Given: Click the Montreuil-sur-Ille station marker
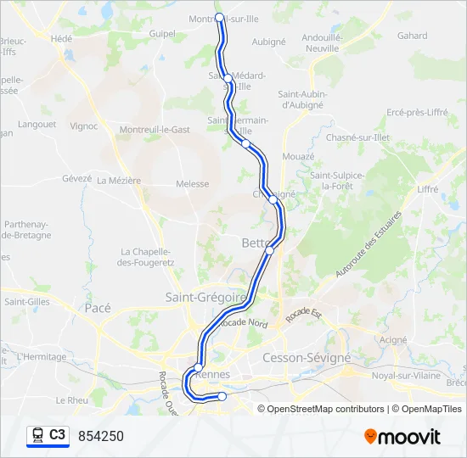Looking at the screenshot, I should pos(220,17).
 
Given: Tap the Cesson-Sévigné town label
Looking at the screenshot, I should pos(307,358).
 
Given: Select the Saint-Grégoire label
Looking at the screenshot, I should pos(205,298).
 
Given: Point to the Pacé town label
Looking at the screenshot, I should pos(98,309).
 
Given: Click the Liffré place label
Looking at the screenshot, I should pos(428,189).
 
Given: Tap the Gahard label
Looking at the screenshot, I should pos(412,36).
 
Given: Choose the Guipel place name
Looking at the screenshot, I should pos(161,35).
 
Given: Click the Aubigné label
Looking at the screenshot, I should pos(268,41).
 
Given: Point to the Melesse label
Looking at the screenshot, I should pos(192,183).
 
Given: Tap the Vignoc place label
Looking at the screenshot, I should pos(84,126).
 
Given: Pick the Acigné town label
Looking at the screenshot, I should pos(392,339).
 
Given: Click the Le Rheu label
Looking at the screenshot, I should pos(71,399).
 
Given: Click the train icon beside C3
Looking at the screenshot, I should pos(37,435).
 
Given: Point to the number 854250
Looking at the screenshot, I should pos(101,436).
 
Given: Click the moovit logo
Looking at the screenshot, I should pos(402,437).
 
